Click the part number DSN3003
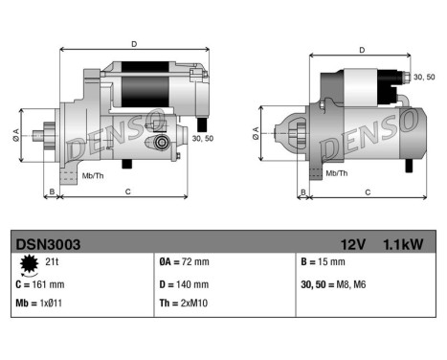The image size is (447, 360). coord(40,244)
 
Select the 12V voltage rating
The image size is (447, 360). coord(353,244)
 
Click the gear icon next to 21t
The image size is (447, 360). coord(26,263)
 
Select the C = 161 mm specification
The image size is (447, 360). coord(41,283)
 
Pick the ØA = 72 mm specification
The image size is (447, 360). coord(183,262)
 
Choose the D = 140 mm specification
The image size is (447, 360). coord(184,283)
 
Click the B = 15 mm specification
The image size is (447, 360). coord(323,262)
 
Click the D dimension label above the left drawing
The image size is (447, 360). coord(133,42)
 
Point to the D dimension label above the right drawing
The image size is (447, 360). coord(361,50)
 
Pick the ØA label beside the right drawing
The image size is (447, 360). coord(256,131)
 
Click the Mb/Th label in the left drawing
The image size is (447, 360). coord(93,175)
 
